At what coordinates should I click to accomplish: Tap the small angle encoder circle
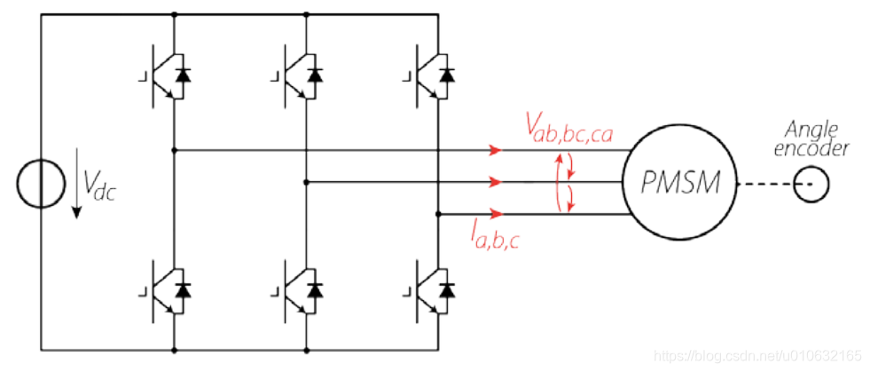810,185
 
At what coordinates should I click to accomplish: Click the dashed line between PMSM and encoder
764,185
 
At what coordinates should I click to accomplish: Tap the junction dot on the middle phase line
306,182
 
